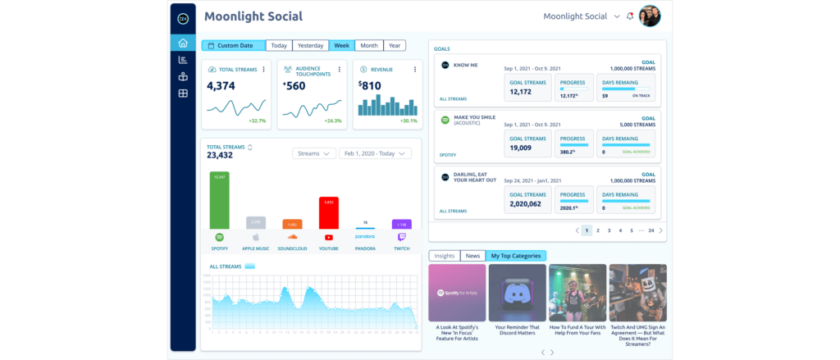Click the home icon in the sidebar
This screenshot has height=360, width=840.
(182, 43)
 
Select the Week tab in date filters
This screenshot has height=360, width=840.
(342, 46)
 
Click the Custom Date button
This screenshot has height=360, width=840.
(234, 46)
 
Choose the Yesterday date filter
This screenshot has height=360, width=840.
(310, 46)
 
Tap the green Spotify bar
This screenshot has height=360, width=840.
(220, 200)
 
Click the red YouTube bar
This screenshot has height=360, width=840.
(329, 212)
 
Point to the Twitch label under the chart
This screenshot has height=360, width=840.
(401, 248)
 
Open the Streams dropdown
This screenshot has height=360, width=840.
(314, 153)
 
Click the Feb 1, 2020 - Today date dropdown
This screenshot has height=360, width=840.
(376, 153)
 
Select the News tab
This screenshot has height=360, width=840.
(472, 256)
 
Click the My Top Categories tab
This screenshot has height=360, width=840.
(515, 256)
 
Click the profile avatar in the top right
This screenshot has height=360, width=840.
(649, 16)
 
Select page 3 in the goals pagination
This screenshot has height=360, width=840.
(609, 231)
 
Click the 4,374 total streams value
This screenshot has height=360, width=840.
(221, 85)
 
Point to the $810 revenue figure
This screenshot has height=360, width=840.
(370, 85)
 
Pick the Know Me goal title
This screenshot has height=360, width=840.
(468, 65)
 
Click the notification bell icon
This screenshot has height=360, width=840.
(630, 16)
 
